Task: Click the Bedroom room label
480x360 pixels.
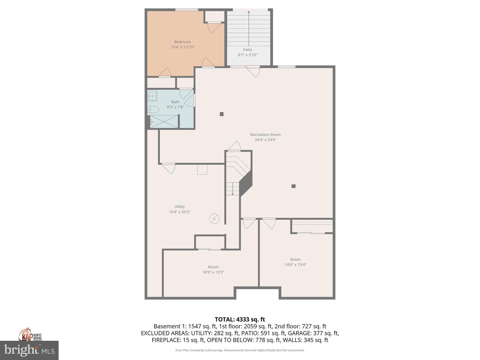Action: [x=182, y=42]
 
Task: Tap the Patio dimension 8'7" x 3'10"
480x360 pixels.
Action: [x=247, y=55]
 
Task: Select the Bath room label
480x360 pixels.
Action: [x=175, y=102]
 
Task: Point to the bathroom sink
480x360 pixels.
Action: [x=152, y=96]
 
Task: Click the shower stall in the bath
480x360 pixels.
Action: [x=163, y=121]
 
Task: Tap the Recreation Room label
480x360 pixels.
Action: [x=265, y=135]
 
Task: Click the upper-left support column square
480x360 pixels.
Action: [x=222, y=114]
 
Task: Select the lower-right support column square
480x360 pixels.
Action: [x=293, y=186]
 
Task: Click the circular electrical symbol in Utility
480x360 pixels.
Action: [x=214, y=219]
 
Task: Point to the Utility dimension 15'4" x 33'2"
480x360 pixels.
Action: [x=179, y=212]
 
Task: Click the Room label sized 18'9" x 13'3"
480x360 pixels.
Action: [x=213, y=267]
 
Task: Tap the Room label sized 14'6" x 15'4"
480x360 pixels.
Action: [x=295, y=259]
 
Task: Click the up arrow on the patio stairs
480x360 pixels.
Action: [x=249, y=13]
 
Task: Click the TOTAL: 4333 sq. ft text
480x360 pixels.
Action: [x=240, y=319]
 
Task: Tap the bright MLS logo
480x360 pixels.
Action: [x=29, y=350]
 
